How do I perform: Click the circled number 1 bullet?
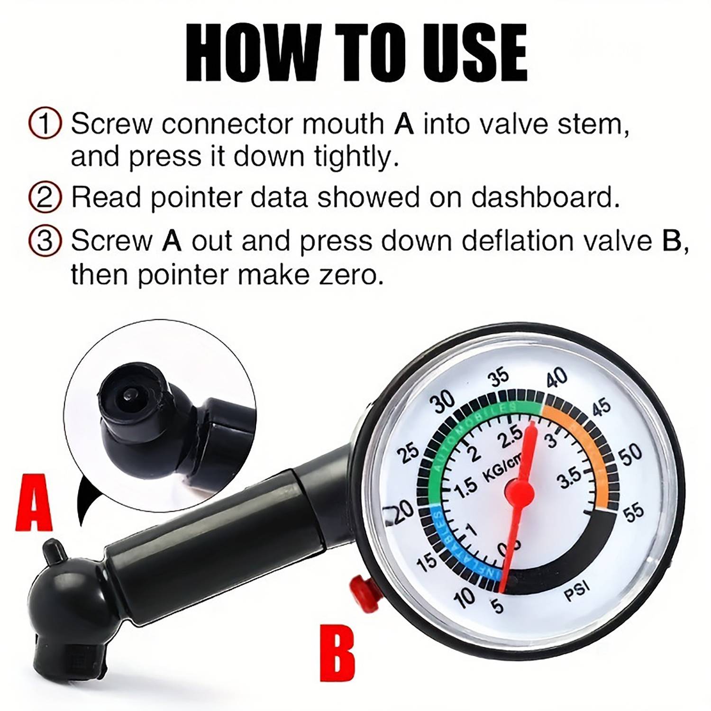tap(45, 124)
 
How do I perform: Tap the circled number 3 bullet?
tap(45, 241)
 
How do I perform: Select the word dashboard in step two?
tap(545, 197)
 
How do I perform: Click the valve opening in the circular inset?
tap(129, 392)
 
